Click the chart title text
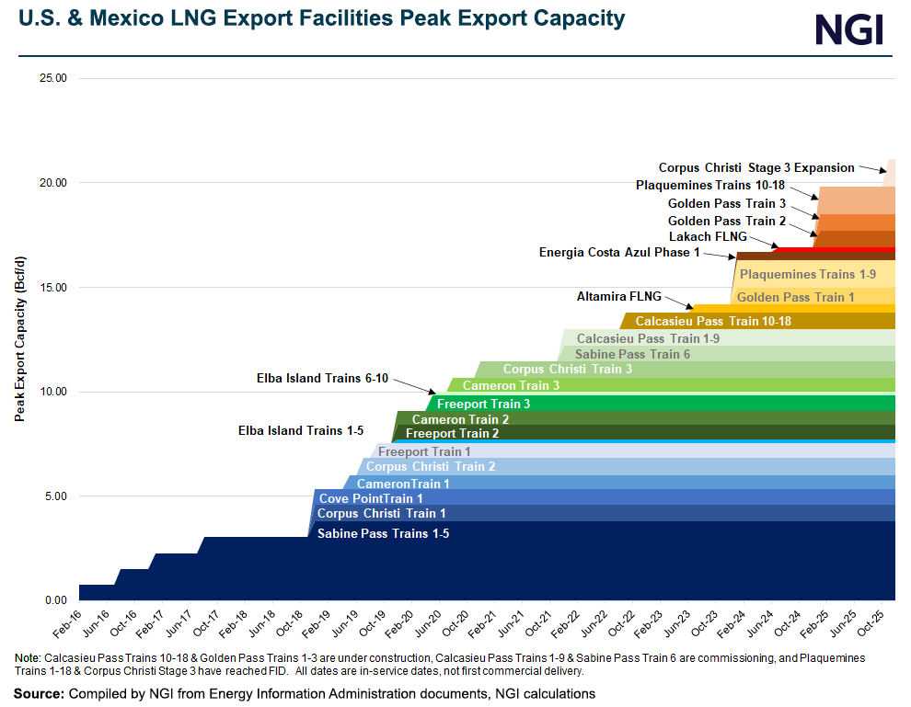316,18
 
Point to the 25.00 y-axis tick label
52,78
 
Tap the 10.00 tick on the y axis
52,392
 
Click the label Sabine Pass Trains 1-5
383,533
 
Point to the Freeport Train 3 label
483,404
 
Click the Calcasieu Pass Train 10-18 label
713,321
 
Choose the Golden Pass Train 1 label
796,297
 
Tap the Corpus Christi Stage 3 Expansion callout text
756,167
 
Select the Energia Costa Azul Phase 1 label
619,252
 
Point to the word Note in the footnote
28,659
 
